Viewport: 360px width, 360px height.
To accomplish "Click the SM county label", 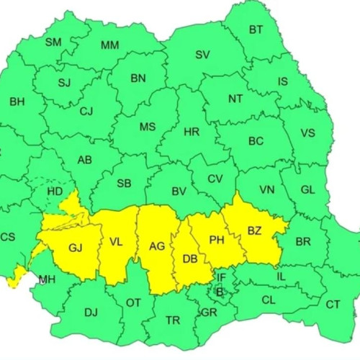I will tap(53, 42).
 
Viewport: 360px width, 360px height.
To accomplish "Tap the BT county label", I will tap(256, 30).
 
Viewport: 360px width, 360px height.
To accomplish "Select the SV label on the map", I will tap(203, 55).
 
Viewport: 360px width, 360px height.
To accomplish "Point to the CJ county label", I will tap(86, 111).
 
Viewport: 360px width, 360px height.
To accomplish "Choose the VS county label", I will tap(307, 133).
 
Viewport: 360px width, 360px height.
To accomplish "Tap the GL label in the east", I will tap(307, 189).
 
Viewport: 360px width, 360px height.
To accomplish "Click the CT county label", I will tap(333, 305).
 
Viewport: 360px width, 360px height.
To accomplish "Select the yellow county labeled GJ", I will tap(76, 248).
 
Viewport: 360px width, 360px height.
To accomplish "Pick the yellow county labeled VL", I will tap(116, 242).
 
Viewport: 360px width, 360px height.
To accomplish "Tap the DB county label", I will tap(190, 259).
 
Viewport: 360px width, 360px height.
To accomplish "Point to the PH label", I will tap(217, 240).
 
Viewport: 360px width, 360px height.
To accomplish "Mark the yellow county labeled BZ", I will tap(255, 230).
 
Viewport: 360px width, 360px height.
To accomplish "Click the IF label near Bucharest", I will tap(222, 276).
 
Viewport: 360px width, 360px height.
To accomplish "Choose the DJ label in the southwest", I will tap(91, 312).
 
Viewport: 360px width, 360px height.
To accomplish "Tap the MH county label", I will tap(47, 279).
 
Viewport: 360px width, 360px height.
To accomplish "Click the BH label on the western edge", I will tap(17, 102).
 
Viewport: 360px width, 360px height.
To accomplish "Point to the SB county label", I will tap(124, 182).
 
